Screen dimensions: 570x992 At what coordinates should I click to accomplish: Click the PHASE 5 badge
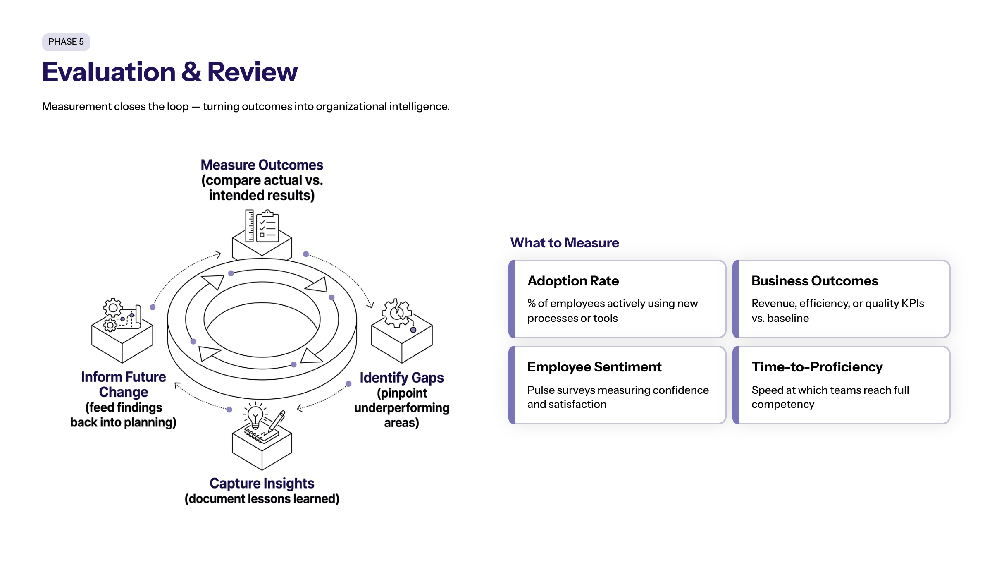pos(66,42)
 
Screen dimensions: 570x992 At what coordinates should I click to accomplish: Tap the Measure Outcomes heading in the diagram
pos(262,165)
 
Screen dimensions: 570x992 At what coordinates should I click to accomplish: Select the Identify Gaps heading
pos(401,378)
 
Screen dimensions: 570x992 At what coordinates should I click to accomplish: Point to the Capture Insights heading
pos(262,483)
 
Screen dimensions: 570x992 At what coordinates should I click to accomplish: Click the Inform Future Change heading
pos(123,384)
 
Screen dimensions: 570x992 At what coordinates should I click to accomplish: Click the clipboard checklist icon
pos(268,227)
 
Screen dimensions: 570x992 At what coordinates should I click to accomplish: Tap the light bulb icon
pos(255,416)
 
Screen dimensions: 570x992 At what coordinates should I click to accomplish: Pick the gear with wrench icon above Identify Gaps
pos(397,313)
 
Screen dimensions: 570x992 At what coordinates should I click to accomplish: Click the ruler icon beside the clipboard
pos(250,225)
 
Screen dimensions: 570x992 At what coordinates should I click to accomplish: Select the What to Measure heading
pos(565,243)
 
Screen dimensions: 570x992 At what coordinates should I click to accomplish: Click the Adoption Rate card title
pos(573,281)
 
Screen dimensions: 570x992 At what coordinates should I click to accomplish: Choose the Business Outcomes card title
pos(814,281)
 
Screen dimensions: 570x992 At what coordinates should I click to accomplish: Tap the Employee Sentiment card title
pos(594,367)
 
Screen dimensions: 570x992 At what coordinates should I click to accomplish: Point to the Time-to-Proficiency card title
pos(817,367)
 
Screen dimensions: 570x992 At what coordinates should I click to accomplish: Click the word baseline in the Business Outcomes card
pos(788,318)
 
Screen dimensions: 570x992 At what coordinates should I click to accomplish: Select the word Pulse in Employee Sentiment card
pos(540,390)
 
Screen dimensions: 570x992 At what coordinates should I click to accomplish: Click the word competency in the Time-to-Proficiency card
pos(782,404)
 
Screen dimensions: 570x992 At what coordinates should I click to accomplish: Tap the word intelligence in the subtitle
pos(419,107)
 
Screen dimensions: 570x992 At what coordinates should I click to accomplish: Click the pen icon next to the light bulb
pos(276,421)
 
